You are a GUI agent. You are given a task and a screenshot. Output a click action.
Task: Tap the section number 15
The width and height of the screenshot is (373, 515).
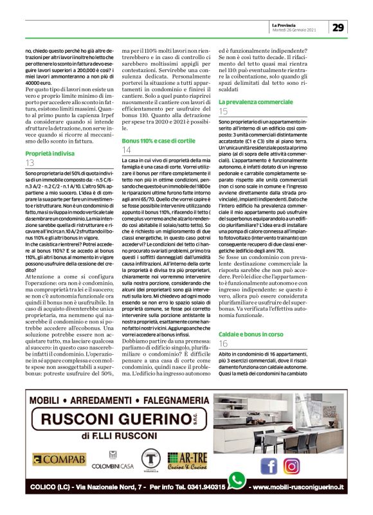(224, 112)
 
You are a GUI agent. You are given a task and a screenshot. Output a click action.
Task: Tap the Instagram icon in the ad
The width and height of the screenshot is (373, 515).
(291, 465)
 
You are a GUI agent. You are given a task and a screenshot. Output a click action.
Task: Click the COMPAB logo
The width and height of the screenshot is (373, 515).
(59, 459)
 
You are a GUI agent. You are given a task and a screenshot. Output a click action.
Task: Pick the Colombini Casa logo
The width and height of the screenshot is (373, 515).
(113, 460)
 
